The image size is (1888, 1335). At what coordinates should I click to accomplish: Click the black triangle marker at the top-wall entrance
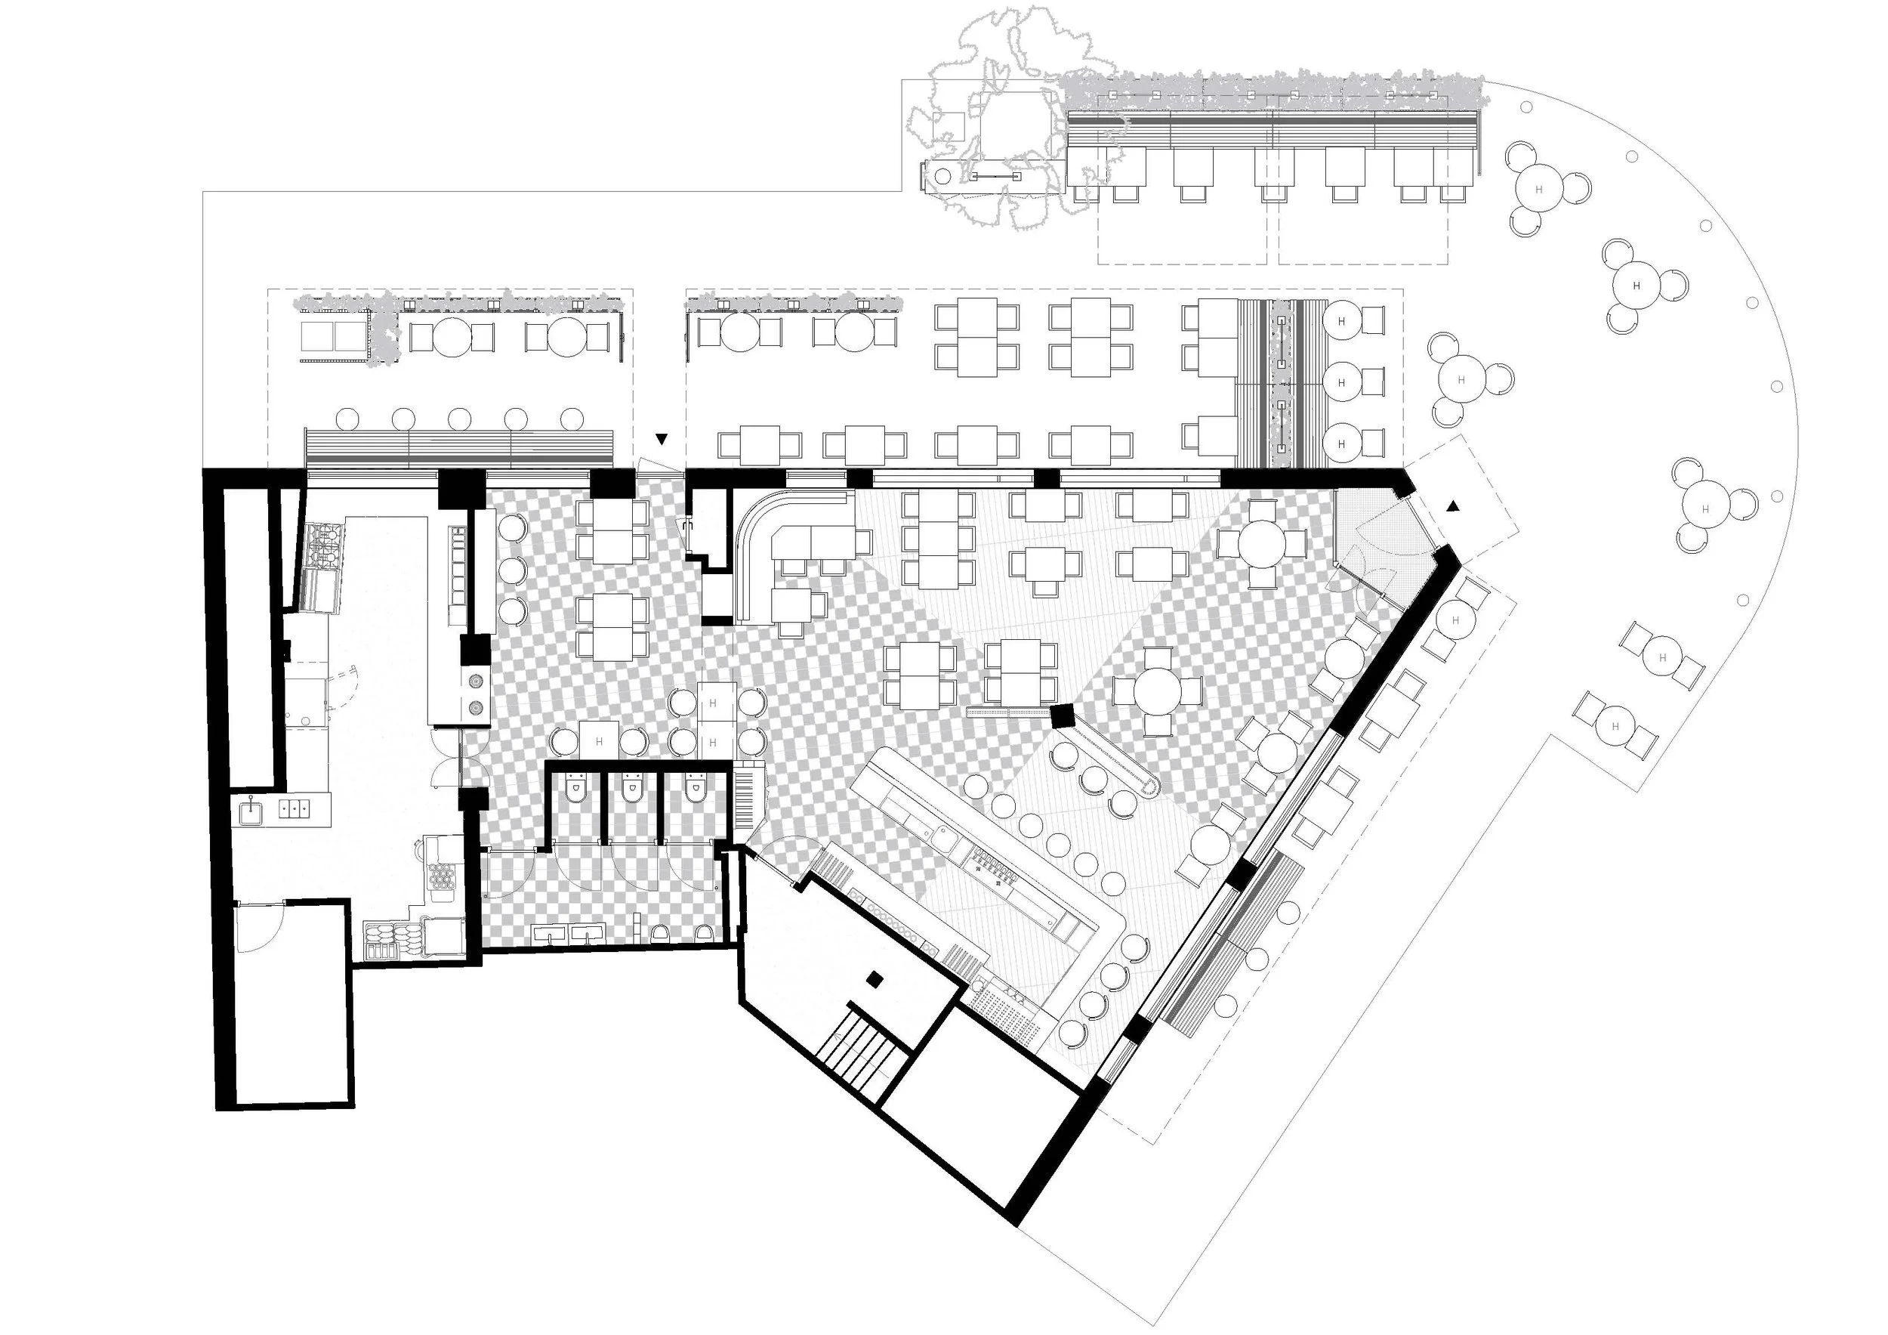point(660,439)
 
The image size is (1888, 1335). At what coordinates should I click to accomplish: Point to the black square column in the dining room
point(1063,715)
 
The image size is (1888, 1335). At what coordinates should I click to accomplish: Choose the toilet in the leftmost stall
point(575,791)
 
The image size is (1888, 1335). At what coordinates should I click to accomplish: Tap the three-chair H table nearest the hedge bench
point(1538,188)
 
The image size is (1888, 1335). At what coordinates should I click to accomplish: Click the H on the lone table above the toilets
point(599,741)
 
